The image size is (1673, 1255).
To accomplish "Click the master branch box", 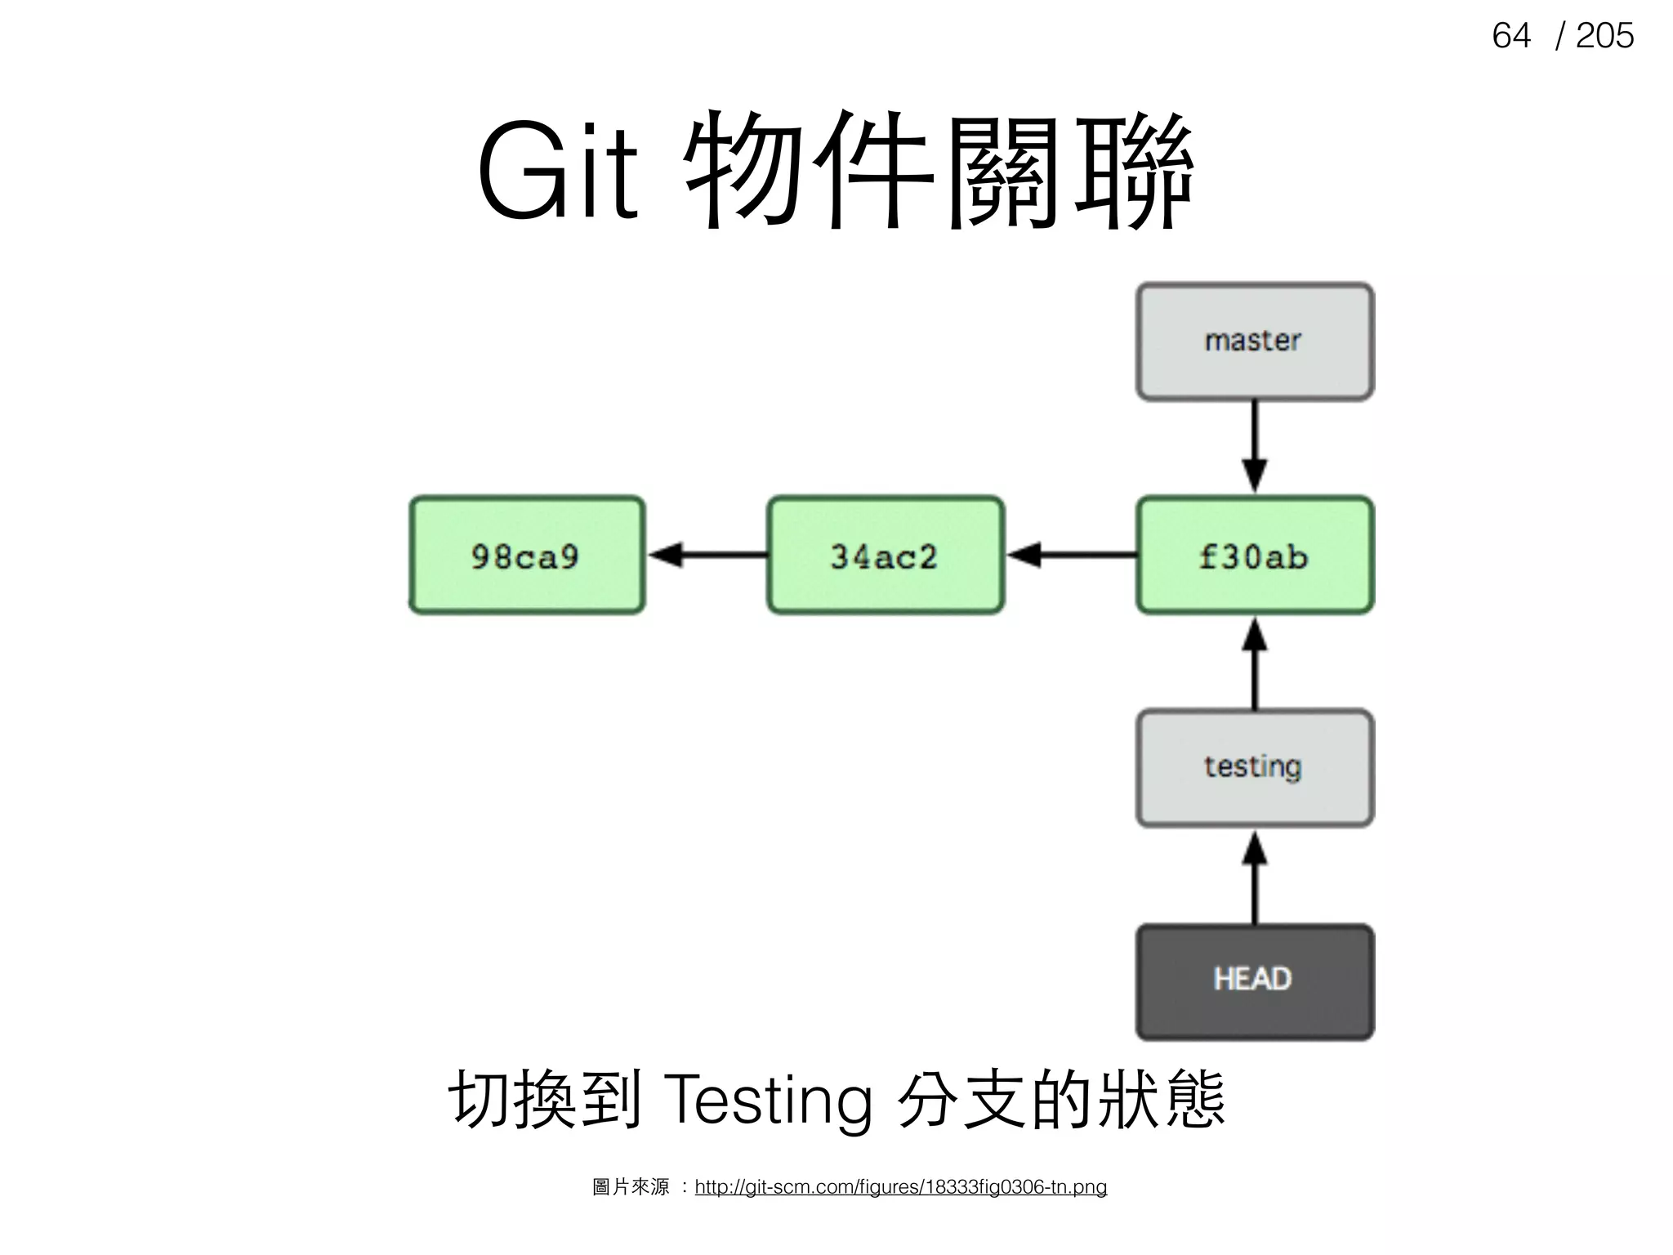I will tap(1254, 342).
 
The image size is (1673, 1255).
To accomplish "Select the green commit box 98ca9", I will tap(527, 555).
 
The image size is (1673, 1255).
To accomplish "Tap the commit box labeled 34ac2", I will tap(885, 555).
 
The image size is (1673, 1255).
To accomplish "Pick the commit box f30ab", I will tap(1254, 555).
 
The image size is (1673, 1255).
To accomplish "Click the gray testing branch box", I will tap(1254, 768).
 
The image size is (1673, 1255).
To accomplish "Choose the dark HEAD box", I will tap(1254, 981).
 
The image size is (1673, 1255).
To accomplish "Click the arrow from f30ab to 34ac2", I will tap(1071, 555).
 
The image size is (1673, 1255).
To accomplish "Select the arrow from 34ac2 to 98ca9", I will tap(707, 555).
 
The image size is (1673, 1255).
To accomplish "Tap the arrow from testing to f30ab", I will tap(1254, 663).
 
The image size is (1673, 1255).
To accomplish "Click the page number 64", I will tap(1510, 36).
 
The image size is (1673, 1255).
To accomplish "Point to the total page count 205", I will tap(1604, 36).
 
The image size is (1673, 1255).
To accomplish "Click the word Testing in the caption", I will tap(768, 1100).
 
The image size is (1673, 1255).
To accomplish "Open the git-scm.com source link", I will tap(900, 1186).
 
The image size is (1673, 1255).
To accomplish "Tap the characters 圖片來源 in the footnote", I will tap(631, 1186).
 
